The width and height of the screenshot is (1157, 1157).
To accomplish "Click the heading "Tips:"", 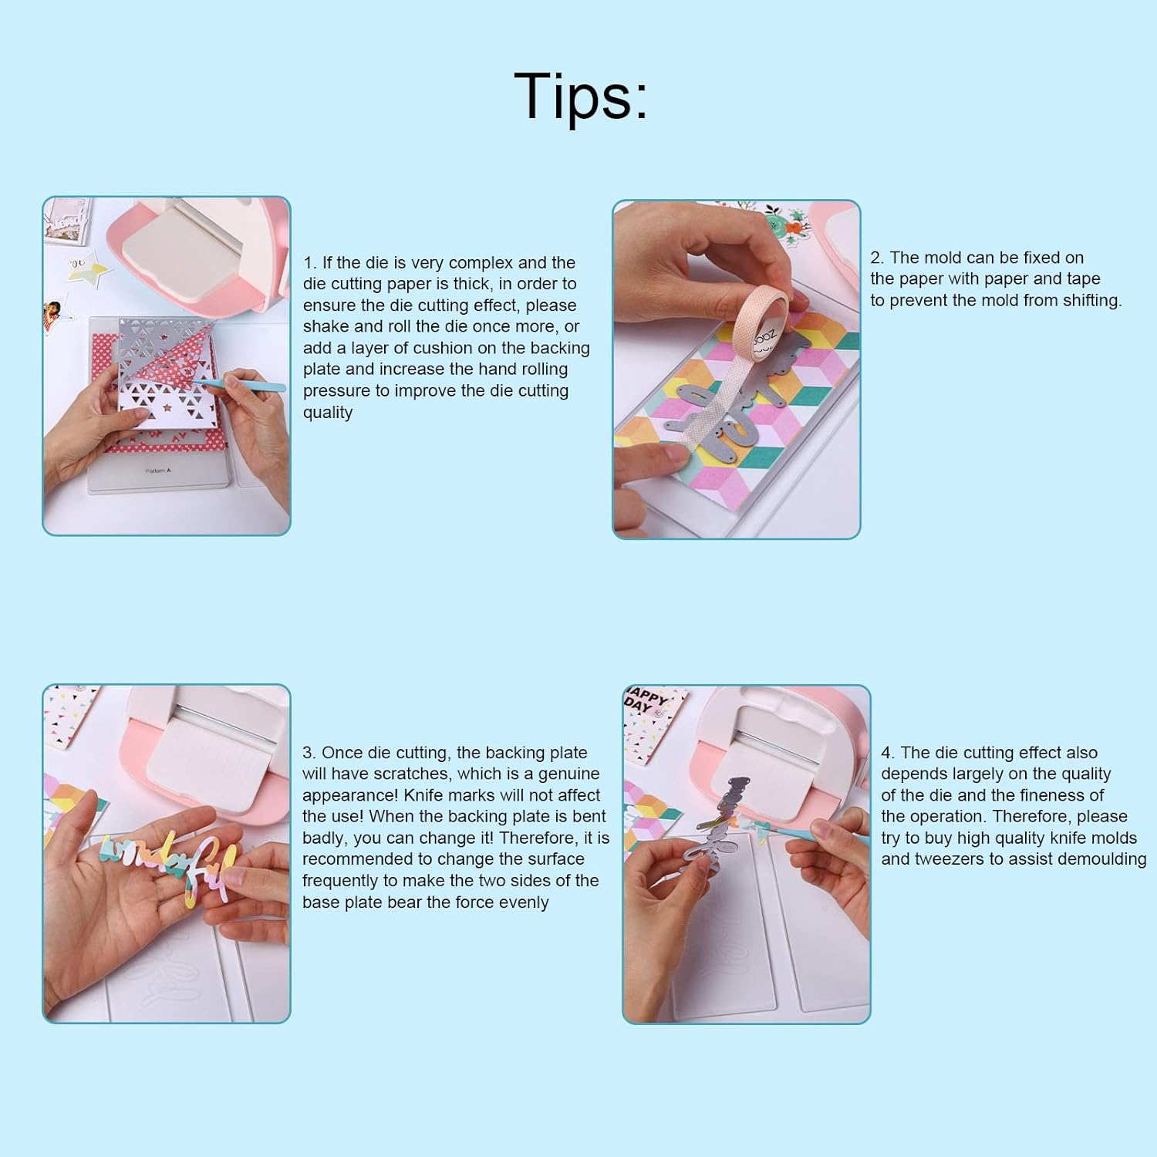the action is pyautogui.click(x=580, y=96).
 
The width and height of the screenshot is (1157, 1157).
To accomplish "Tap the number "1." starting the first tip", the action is pyautogui.click(x=310, y=263).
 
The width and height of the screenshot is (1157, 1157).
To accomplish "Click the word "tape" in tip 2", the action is pyautogui.click(x=1083, y=279).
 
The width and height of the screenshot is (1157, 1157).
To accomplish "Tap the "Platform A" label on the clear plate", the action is pyautogui.click(x=157, y=470).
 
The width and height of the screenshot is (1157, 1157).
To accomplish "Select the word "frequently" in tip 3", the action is pyautogui.click(x=342, y=881).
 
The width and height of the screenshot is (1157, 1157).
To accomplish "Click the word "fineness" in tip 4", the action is pyautogui.click(x=1071, y=795).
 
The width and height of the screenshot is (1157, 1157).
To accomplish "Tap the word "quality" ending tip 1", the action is pyautogui.click(x=328, y=413).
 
